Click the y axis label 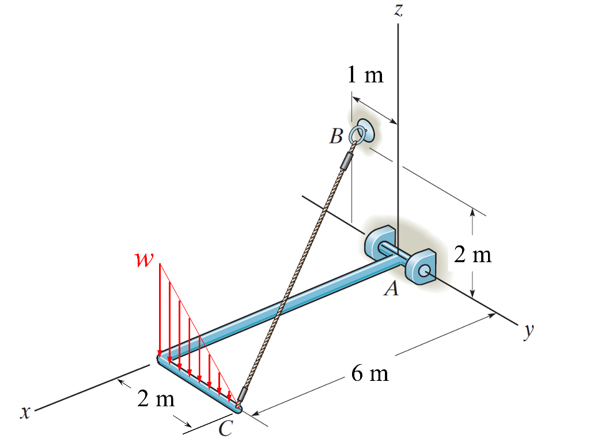(x=528, y=331)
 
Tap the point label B (x=336, y=137)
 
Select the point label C (x=226, y=428)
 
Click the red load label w (x=141, y=260)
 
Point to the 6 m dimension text (x=370, y=374)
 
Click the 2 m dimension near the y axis (x=472, y=254)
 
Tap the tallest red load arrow (x=160, y=311)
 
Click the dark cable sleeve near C (x=244, y=395)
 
